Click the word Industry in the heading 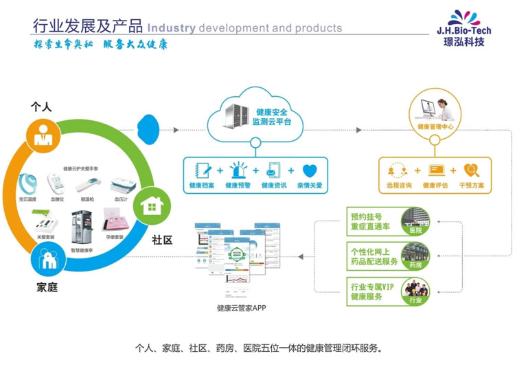[x=172, y=28]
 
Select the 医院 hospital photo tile [x=415, y=220]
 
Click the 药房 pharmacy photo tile [x=415, y=255]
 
